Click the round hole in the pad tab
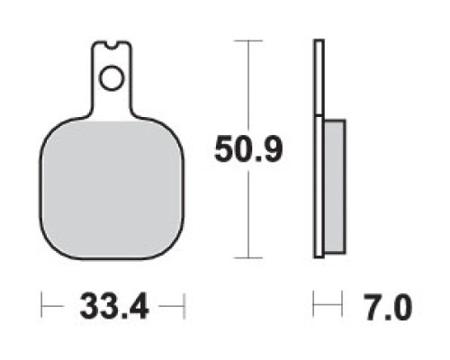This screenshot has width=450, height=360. [x=112, y=77]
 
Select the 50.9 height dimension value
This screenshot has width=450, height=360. [x=248, y=149]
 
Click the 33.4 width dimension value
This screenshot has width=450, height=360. [x=114, y=307]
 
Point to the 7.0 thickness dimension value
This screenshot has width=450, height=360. [x=388, y=307]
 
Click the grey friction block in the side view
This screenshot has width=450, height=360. [x=335, y=186]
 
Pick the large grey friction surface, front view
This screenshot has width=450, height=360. [x=112, y=189]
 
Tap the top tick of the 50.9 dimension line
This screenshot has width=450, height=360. [x=248, y=40]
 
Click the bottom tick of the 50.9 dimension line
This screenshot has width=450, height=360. [x=248, y=257]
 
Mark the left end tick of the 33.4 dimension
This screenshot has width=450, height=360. [x=41, y=305]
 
